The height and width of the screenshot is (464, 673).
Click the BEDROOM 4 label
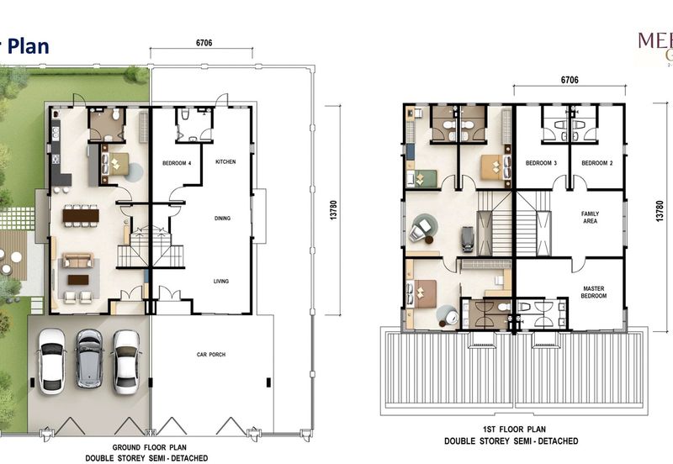pos(178,161)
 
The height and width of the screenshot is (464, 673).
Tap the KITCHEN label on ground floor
pos(225,161)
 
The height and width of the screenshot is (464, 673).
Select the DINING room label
pos(222,219)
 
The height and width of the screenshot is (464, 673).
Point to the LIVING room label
pos(221,282)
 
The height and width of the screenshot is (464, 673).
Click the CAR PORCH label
pos(211,355)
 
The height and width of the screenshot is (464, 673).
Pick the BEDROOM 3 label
pos(542,162)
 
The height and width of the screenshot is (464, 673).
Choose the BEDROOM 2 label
pos(596,162)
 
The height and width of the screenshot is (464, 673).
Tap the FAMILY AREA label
pos(590,218)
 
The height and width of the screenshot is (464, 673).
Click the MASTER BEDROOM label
pos(593,293)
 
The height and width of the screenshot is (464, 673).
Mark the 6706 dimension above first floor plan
pos(570,80)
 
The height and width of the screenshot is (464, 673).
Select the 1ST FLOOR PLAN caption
pos(512,430)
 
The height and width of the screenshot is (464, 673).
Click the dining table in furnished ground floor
pos(80,216)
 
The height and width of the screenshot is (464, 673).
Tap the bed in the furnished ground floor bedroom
pos(115,165)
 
